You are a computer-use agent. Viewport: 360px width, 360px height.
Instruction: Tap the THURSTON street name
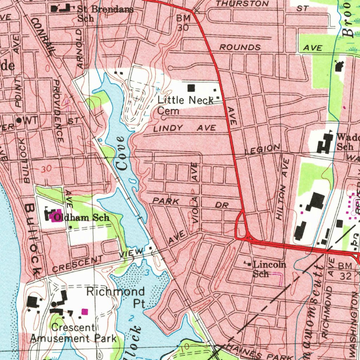[x=243, y=4]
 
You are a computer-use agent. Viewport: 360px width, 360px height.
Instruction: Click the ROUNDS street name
[x=240, y=47]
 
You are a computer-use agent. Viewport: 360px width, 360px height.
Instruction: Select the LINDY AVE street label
[x=185, y=129]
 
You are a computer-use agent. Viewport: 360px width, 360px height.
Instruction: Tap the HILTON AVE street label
[x=283, y=189]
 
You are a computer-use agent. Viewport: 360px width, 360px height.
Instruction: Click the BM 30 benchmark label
[x=183, y=22]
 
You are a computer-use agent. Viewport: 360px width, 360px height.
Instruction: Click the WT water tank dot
[x=19, y=120]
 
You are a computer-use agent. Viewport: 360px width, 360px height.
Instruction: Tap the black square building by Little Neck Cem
[x=191, y=88]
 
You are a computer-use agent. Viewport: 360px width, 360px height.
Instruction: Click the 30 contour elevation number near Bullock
[x=46, y=169]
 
